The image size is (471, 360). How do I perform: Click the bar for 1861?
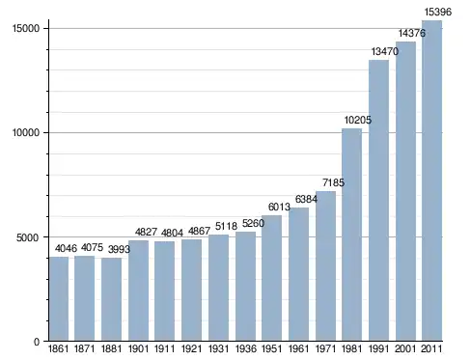[59, 298]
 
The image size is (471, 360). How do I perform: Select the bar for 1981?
[351, 235]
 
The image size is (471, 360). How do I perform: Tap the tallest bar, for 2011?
[431, 180]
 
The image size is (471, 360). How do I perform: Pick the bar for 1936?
[245, 286]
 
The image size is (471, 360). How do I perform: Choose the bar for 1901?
[138, 291]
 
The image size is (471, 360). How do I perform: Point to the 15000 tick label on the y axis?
[26, 28]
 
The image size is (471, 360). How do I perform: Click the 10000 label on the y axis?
[26, 132]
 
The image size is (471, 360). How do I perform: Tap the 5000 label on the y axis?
[28, 237]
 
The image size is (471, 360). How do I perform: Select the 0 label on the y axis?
[37, 342]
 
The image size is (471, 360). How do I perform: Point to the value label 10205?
[358, 120]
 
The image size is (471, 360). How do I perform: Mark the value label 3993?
[119, 249]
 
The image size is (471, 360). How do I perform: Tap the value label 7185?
[333, 182]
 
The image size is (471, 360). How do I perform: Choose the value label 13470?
[385, 51]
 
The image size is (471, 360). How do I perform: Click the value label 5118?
[226, 226]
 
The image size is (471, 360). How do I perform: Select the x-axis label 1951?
[272, 349]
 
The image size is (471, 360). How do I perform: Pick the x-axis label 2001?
[405, 349]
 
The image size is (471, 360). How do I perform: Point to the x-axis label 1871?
[85, 349]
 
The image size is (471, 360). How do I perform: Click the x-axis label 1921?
[191, 349]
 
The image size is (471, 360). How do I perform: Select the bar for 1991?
[378, 200]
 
